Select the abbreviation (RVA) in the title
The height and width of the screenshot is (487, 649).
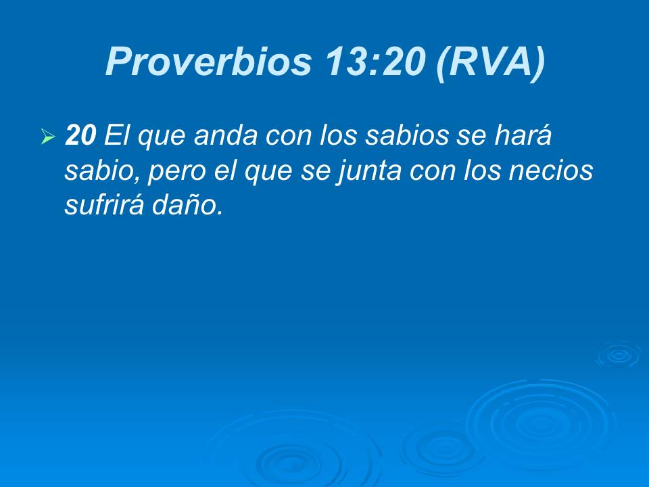point(490,62)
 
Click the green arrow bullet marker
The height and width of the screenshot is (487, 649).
point(47,138)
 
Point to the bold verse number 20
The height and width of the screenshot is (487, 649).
point(80,137)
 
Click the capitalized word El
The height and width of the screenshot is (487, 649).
point(116,137)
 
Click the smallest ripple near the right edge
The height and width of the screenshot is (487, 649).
point(618,354)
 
